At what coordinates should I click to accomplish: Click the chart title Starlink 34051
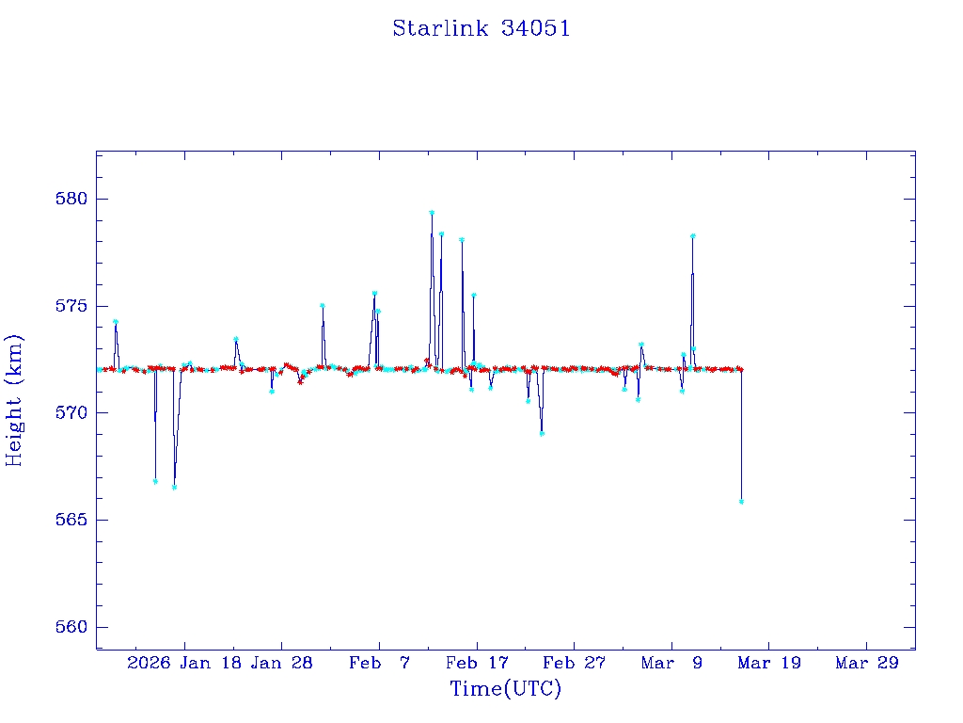[481, 29]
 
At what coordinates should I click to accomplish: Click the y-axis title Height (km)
[14, 400]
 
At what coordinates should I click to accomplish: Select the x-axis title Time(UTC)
[505, 689]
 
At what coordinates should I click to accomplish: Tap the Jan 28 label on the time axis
[282, 664]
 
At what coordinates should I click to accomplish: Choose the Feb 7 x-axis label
[379, 664]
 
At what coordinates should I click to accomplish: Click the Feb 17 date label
[477, 664]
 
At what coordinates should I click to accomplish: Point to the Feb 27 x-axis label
[574, 664]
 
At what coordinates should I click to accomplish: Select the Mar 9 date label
[671, 664]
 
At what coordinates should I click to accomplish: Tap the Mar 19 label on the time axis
[768, 664]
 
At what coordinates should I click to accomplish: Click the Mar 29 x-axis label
[866, 664]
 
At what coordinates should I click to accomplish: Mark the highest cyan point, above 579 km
[432, 213]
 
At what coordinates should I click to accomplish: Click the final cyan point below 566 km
[741, 502]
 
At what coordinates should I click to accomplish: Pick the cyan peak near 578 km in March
[692, 235]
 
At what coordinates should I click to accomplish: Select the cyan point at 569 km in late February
[542, 433]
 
